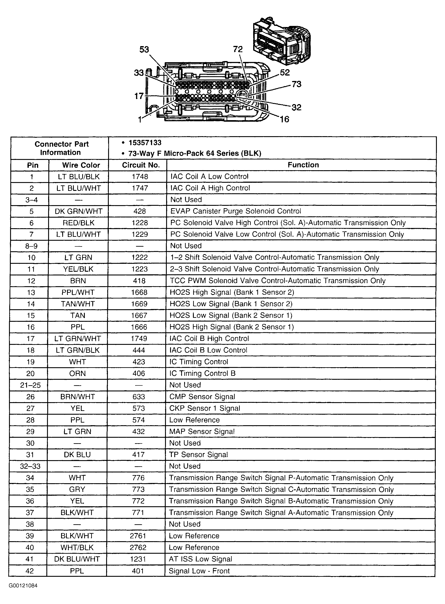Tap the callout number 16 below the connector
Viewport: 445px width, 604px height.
coord(284,119)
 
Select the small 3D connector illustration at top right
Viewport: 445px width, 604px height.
coord(282,40)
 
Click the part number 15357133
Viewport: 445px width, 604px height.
coord(145,143)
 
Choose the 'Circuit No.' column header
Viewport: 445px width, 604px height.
coord(141,165)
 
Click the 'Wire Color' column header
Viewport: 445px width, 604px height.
coord(81,165)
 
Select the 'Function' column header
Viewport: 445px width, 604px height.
coord(303,165)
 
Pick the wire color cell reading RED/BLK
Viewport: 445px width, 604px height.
coord(79,223)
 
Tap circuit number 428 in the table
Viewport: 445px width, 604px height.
coord(140,211)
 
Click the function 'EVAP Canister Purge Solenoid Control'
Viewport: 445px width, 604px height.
coord(236,211)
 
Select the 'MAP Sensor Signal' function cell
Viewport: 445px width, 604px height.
coord(202,431)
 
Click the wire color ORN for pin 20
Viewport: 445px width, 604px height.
coord(78,374)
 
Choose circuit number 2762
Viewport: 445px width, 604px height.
coord(138,548)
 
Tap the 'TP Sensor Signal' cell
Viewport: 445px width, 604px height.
coord(198,455)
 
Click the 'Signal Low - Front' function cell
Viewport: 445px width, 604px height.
coord(199,571)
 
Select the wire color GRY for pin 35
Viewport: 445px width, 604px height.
coord(77,489)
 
